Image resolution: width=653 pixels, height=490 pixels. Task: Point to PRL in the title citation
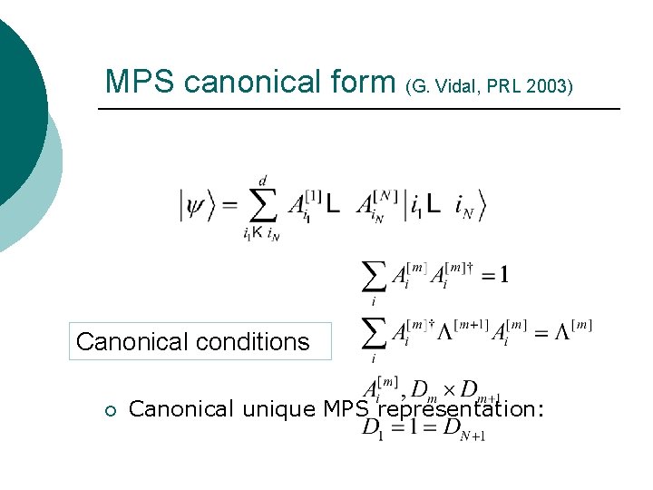point(502,87)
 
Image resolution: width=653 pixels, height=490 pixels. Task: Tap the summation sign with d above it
point(262,207)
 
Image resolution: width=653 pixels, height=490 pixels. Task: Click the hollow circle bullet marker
point(109,410)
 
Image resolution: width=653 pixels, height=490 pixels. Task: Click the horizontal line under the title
point(358,110)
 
